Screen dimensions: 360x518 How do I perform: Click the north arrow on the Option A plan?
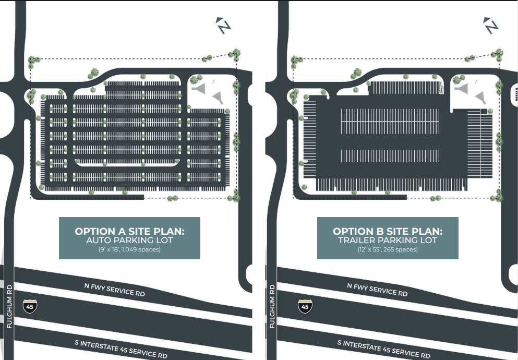point(224,26)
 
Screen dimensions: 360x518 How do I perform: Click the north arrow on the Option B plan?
point(490,26)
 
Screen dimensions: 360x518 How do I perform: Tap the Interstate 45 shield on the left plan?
point(30,306)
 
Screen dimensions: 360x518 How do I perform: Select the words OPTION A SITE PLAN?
point(129,231)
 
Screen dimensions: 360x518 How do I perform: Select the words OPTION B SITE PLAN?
point(388,231)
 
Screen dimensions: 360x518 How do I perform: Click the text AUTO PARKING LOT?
point(129,241)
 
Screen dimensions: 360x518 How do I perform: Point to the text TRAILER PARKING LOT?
point(388,241)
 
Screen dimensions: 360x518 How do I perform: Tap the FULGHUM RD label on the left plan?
point(9,306)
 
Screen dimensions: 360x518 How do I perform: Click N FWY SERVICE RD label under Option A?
point(114,289)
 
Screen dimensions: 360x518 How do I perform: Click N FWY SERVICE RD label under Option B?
point(377,289)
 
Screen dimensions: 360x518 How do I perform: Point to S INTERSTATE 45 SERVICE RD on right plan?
point(383,349)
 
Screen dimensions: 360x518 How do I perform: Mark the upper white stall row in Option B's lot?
point(390,121)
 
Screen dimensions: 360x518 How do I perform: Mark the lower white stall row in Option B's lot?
point(390,155)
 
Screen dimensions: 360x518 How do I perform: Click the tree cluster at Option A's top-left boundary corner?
point(34,61)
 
